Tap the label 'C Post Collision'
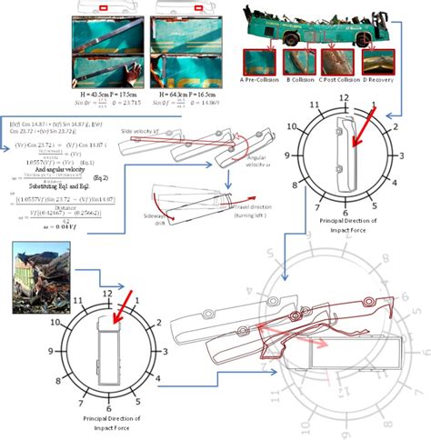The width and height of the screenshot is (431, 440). (337, 80)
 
